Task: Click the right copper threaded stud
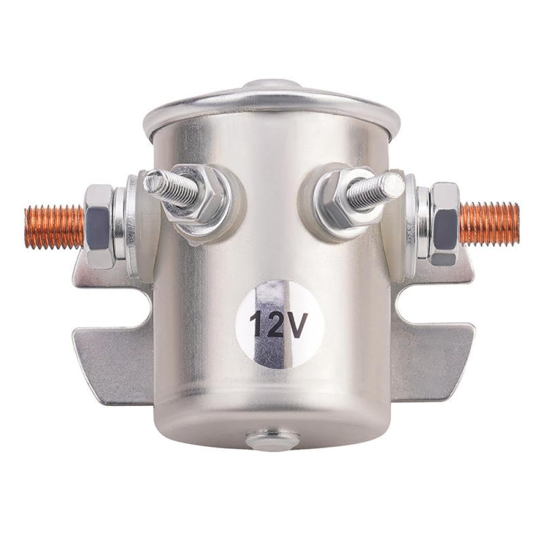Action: (489, 223)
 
